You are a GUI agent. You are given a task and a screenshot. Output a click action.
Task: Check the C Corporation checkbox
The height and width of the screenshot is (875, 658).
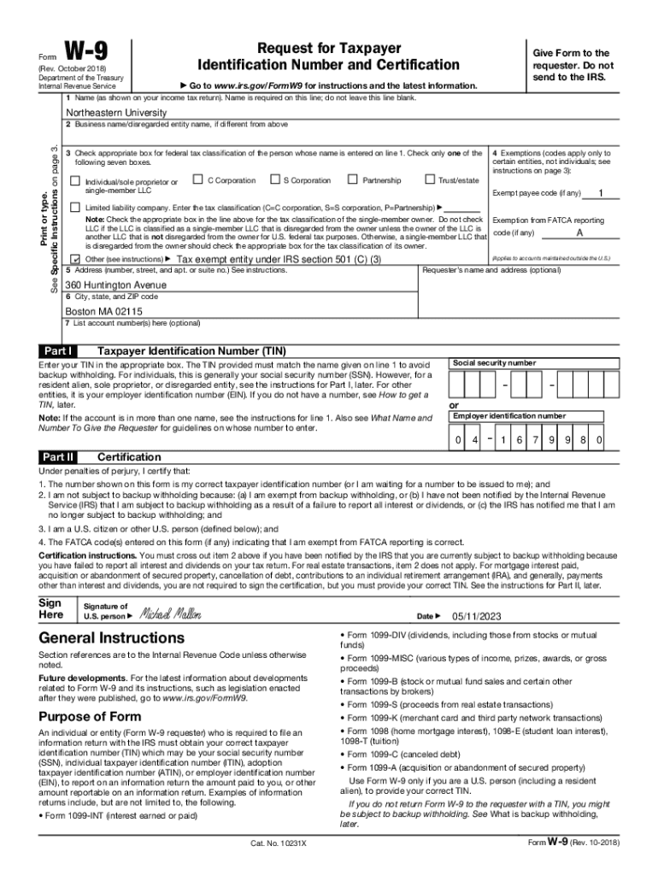[x=197, y=180]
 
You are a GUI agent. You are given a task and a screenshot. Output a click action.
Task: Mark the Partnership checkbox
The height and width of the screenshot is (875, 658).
[x=352, y=180]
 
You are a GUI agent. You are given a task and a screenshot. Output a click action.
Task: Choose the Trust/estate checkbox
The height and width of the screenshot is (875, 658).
[x=429, y=180]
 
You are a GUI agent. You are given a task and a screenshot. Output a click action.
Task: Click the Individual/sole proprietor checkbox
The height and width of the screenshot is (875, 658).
[x=74, y=181]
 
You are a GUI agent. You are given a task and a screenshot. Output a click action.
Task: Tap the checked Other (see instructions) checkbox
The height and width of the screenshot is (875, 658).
[x=74, y=258]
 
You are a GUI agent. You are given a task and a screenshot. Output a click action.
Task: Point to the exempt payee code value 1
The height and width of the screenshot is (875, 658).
[x=602, y=192]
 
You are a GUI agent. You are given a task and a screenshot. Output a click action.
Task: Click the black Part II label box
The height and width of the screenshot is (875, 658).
[x=59, y=457]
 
